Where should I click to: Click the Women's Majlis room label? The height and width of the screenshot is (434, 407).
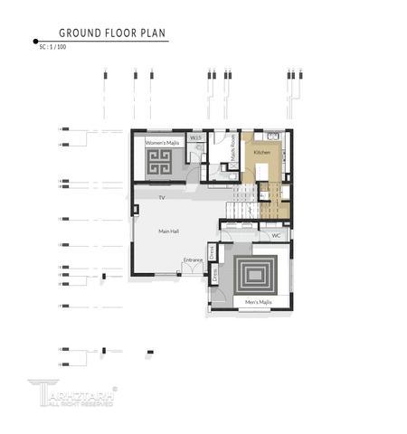click(x=164, y=142)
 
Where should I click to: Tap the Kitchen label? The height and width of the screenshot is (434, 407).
click(x=261, y=153)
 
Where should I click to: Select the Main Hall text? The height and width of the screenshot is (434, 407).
click(x=168, y=231)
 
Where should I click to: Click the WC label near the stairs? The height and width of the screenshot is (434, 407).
click(x=276, y=235)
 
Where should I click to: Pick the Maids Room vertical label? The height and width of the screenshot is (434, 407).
click(x=233, y=146)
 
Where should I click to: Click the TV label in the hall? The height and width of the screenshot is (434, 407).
click(x=162, y=197)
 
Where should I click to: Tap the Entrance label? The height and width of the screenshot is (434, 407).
click(x=193, y=260)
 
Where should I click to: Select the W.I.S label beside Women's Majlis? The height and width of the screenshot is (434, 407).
click(x=196, y=138)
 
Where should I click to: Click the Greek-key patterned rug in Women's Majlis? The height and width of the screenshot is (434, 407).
click(x=164, y=165)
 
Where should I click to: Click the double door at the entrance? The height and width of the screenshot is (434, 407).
click(x=193, y=269)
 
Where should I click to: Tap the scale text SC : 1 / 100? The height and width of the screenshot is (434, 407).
click(x=52, y=46)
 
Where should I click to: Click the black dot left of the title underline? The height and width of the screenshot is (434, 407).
click(x=35, y=41)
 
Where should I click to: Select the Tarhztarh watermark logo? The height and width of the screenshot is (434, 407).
click(x=71, y=392)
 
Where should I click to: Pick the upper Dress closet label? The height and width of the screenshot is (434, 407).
click(x=213, y=251)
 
